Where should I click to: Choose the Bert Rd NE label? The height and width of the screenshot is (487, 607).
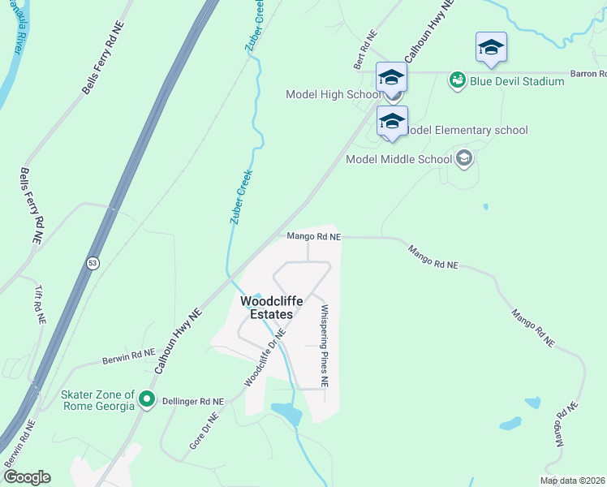tap(366, 50)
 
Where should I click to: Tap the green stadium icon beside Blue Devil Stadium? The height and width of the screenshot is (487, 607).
tap(458, 80)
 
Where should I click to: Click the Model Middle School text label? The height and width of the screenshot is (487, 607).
tap(398, 159)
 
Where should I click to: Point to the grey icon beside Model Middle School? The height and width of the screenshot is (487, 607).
tap(463, 158)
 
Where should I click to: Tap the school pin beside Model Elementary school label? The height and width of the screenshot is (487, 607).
tap(392, 123)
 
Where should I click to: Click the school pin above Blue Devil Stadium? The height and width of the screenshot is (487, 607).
tap(491, 49)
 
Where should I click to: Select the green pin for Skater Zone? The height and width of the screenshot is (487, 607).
tap(146, 399)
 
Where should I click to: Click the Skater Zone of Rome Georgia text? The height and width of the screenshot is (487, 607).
tap(97, 400)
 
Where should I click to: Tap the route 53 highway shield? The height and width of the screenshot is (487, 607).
tap(93, 263)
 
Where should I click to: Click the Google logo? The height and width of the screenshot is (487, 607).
tap(26, 477)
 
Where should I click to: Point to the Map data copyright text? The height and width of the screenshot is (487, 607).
tap(573, 481)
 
